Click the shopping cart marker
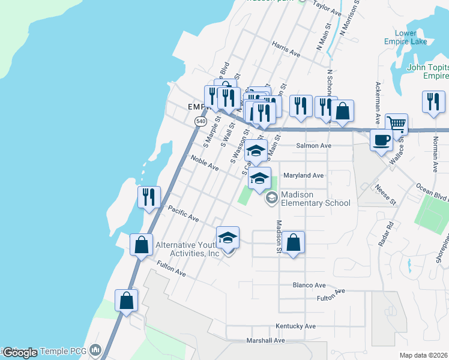coord(396,124)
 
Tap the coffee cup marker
coord(381,140)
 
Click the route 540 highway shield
coord(200,121)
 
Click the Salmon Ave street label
coord(313,146)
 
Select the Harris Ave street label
coord(286,53)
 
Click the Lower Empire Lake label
coord(406,37)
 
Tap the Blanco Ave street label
coord(309,285)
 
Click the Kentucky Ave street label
coord(295,326)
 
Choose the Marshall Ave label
coord(265,340)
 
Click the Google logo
coord(19,353)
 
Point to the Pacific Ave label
coord(183,214)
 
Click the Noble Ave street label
coord(205,163)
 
